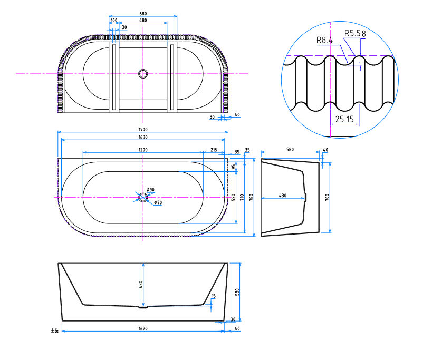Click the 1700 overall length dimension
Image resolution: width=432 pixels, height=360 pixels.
(143, 129)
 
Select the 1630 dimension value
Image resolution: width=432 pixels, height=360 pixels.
(143, 137)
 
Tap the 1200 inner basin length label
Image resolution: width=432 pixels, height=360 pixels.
(143, 150)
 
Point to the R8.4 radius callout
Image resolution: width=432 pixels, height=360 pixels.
(325, 40)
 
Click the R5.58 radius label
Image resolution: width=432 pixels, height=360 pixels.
(354, 33)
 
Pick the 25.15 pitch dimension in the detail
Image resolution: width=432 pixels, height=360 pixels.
(344, 120)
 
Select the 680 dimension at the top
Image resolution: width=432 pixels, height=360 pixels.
(143, 14)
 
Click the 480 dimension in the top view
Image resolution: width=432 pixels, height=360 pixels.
(143, 20)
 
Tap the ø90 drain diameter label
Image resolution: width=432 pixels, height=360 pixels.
(150, 190)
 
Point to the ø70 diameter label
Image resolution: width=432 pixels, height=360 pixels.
(158, 203)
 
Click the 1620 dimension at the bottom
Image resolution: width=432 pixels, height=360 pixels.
(143, 328)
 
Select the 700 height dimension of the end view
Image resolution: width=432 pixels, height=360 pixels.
(327, 197)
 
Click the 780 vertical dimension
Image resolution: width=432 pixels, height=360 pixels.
(252, 197)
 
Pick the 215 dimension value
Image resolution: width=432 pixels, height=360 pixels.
(214, 150)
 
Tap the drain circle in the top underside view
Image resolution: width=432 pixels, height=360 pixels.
(142, 74)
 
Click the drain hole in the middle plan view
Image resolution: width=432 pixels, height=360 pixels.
(143, 197)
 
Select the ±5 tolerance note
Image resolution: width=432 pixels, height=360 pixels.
(54, 331)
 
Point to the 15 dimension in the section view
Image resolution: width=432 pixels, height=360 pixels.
(213, 296)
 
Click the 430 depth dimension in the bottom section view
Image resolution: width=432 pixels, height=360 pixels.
(141, 284)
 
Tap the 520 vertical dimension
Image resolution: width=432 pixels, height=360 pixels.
(233, 197)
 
